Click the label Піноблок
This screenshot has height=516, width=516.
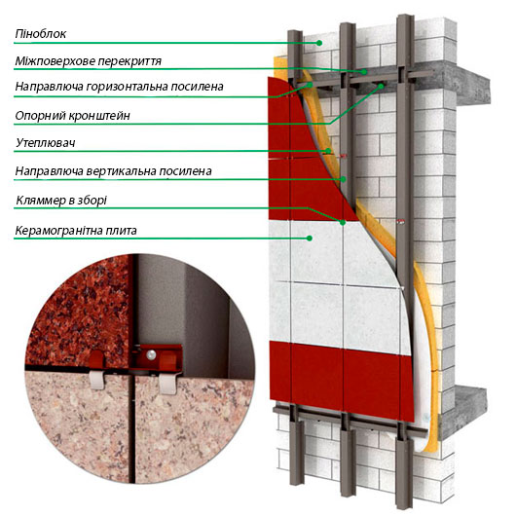[x=41, y=34]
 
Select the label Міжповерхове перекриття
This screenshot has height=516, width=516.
[x=89, y=61]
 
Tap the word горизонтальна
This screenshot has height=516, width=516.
[x=127, y=87]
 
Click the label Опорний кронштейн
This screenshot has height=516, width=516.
[x=72, y=116]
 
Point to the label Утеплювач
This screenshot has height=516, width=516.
[x=46, y=143]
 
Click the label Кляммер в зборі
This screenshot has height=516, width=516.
[x=61, y=201]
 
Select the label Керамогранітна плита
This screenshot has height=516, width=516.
[x=76, y=231]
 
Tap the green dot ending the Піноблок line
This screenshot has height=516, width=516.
[x=319, y=43]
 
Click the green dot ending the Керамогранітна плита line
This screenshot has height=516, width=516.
[x=310, y=238]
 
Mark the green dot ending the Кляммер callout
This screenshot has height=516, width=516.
[x=343, y=222]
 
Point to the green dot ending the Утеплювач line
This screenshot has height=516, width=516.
[x=328, y=151]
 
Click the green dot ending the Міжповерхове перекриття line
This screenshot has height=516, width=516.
[x=364, y=71]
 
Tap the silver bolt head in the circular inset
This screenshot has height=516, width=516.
[x=151, y=354]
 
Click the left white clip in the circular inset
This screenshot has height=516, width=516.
[x=97, y=380]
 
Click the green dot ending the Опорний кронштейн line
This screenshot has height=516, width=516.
[x=381, y=87]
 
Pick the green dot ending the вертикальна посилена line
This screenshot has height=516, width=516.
[x=344, y=179]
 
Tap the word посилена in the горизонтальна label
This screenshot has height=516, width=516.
[x=197, y=87]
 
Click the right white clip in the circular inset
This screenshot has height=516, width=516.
[x=167, y=384]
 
